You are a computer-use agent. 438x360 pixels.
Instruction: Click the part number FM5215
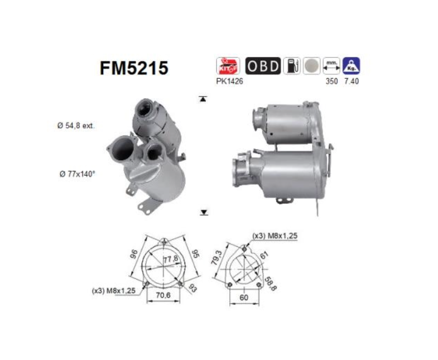pyautogui.click(x=134, y=68)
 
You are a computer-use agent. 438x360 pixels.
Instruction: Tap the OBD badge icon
pyautogui.click(x=263, y=66)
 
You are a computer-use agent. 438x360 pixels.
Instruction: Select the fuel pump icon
pyautogui.click(x=291, y=66)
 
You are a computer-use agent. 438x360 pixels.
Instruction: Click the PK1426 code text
pyautogui.click(x=229, y=81)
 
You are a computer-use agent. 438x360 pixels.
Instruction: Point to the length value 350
pyautogui.click(x=332, y=81)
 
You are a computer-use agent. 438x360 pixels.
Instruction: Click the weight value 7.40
pyautogui.click(x=351, y=81)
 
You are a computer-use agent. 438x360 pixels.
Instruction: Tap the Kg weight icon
pyautogui.click(x=351, y=66)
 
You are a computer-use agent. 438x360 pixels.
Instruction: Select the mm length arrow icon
pyautogui.click(x=332, y=66)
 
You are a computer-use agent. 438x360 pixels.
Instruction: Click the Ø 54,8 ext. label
pyautogui.click(x=76, y=126)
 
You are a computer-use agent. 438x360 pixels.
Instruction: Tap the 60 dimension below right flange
pyautogui.click(x=243, y=298)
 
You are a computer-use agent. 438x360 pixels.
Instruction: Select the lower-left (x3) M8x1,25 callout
pyautogui.click(x=114, y=290)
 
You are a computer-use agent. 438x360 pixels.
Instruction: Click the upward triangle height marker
pyautogui.click(x=204, y=99)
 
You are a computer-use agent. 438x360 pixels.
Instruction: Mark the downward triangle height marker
pyautogui.click(x=204, y=212)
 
